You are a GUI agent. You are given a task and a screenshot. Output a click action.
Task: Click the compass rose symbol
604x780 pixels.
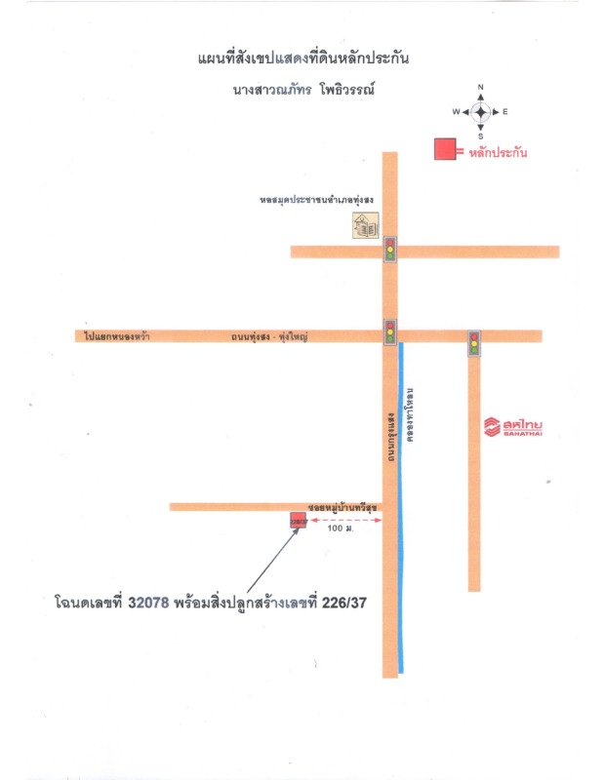tap(480, 112)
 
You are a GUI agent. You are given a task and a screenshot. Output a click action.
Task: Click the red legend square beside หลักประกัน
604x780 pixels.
tap(445, 149)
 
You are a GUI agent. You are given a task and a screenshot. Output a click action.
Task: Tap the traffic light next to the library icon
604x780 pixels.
tap(390, 250)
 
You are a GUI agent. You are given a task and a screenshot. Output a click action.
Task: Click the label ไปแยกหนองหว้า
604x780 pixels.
tap(116, 336)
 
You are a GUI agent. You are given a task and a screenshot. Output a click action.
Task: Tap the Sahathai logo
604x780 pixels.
tap(514, 426)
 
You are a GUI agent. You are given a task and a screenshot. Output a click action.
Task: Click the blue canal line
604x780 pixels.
tap(401, 507)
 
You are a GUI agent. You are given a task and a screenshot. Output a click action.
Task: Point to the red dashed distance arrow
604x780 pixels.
tap(345, 522)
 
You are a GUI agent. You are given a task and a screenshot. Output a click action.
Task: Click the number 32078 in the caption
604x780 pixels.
tap(147, 604)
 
